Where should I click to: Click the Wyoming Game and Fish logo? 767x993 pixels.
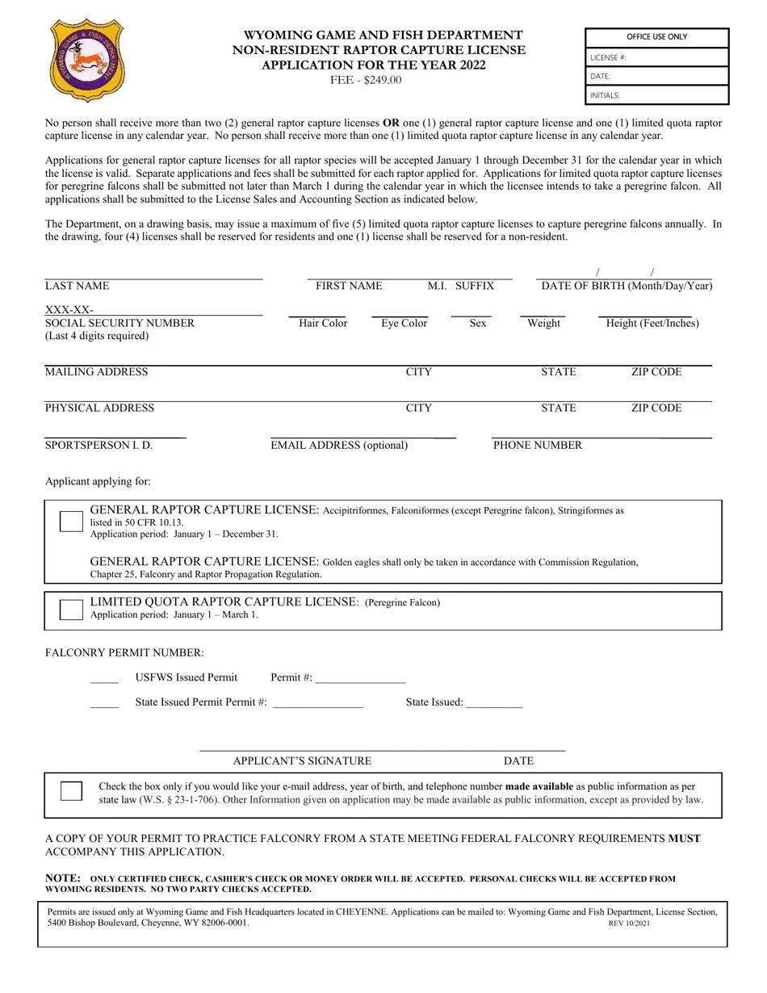(87, 61)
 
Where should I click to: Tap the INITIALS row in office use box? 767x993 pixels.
(656, 95)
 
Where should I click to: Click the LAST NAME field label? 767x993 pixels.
(77, 286)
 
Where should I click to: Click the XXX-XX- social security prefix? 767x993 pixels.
(69, 310)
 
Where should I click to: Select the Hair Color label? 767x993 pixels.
(323, 323)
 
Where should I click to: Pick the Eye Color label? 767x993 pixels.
(404, 323)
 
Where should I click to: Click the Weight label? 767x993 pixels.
(543, 323)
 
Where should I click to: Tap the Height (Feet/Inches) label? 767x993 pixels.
(652, 323)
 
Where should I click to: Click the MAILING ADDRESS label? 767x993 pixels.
(96, 372)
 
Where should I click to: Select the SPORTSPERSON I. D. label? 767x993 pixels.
(98, 445)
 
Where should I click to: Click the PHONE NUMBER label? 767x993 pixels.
(537, 445)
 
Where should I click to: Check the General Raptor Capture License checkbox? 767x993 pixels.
(71, 522)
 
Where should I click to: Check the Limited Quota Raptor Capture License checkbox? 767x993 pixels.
(71, 610)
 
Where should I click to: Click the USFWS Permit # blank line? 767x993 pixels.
(360, 679)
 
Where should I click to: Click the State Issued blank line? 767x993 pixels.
(494, 703)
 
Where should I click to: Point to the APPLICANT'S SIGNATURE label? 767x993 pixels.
(302, 760)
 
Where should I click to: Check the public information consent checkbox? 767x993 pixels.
(71, 791)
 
